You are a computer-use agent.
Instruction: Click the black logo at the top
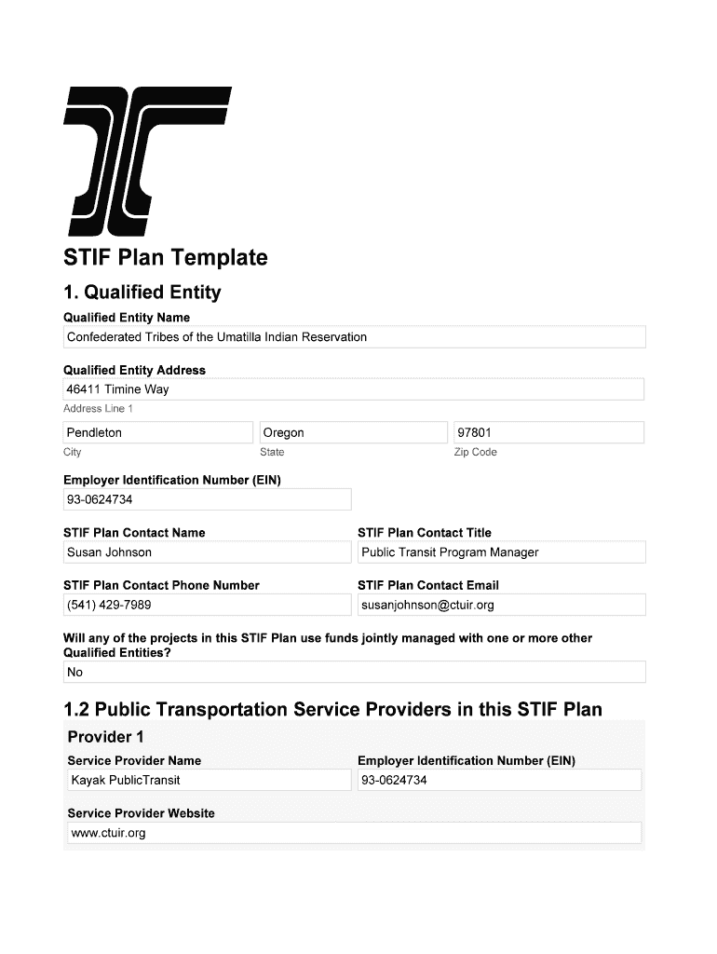pyautogui.click(x=147, y=160)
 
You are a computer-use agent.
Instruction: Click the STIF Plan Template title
pyautogui.click(x=165, y=258)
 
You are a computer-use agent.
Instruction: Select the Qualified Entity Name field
pyautogui.click(x=354, y=337)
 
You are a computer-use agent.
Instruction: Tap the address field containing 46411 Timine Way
pyautogui.click(x=354, y=389)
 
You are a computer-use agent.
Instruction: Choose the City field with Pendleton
pyautogui.click(x=158, y=432)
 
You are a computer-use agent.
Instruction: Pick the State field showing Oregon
pyautogui.click(x=354, y=432)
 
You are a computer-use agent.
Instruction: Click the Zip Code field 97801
pyautogui.click(x=548, y=432)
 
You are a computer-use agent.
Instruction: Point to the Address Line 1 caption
pyautogui.click(x=99, y=409)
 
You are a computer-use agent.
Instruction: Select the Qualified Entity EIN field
pyautogui.click(x=207, y=499)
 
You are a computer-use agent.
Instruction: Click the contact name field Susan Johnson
pyautogui.click(x=207, y=552)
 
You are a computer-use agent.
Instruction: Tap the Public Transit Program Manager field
pyautogui.click(x=501, y=552)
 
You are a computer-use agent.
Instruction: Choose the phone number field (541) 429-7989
pyautogui.click(x=207, y=606)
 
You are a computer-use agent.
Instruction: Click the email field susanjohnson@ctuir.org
pyautogui.click(x=501, y=606)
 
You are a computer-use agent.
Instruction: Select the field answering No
pyautogui.click(x=354, y=672)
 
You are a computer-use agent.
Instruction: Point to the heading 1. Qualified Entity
pyautogui.click(x=142, y=293)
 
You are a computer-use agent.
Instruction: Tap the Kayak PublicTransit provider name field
pyautogui.click(x=209, y=780)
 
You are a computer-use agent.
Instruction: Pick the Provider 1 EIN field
pyautogui.click(x=499, y=780)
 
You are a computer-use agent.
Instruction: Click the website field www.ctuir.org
pyautogui.click(x=354, y=833)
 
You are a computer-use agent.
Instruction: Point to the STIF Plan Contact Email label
pyautogui.click(x=428, y=585)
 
